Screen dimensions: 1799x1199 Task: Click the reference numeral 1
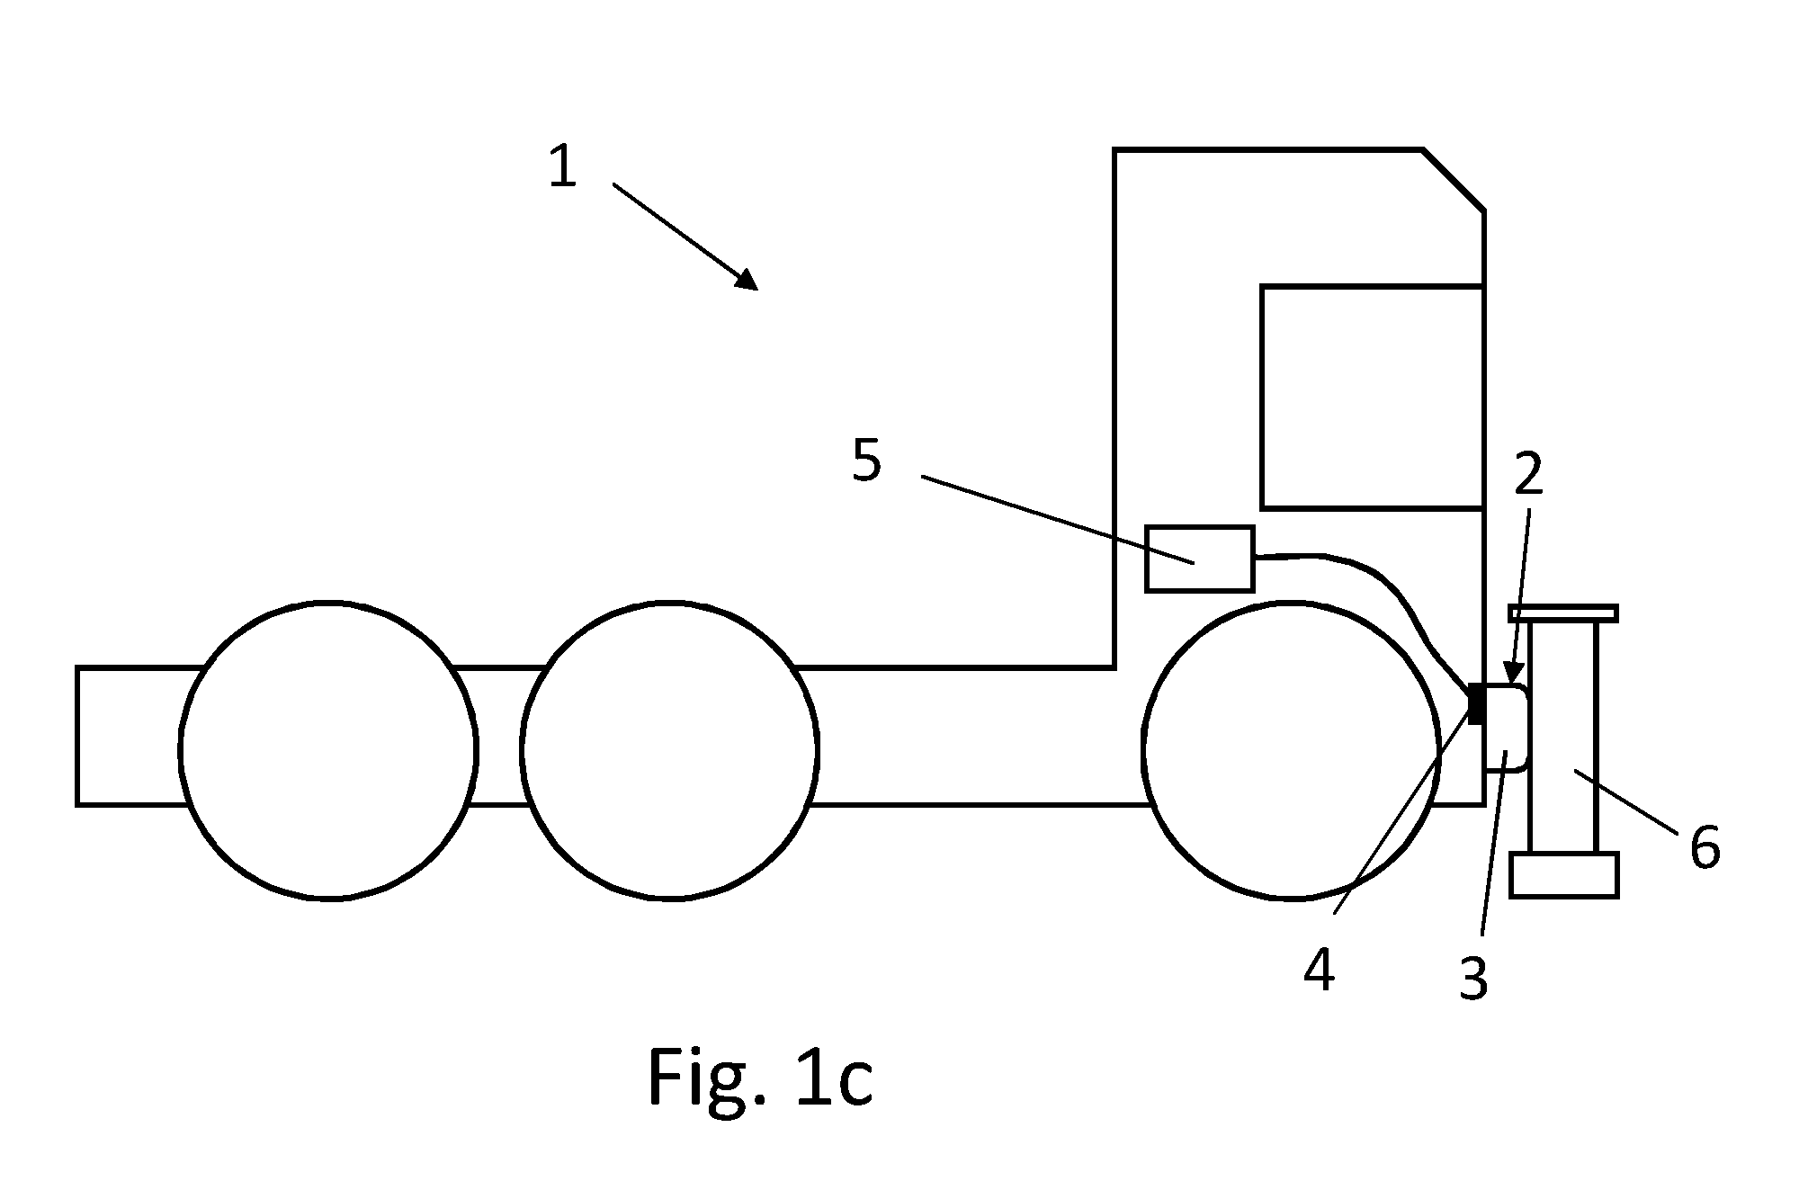[562, 166]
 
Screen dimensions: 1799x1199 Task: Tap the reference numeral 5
[867, 461]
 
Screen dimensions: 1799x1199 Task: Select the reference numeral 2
[1528, 474]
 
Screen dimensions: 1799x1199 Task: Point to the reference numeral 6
[1705, 847]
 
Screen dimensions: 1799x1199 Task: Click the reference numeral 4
[1319, 971]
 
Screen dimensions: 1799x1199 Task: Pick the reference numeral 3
[1473, 979]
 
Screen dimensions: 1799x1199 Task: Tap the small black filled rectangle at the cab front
[1476, 703]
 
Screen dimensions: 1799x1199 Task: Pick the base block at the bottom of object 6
[1564, 875]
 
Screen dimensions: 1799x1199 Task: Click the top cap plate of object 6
[1564, 613]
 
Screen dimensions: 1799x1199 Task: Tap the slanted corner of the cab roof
[1454, 180]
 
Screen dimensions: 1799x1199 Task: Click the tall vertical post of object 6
[1564, 737]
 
